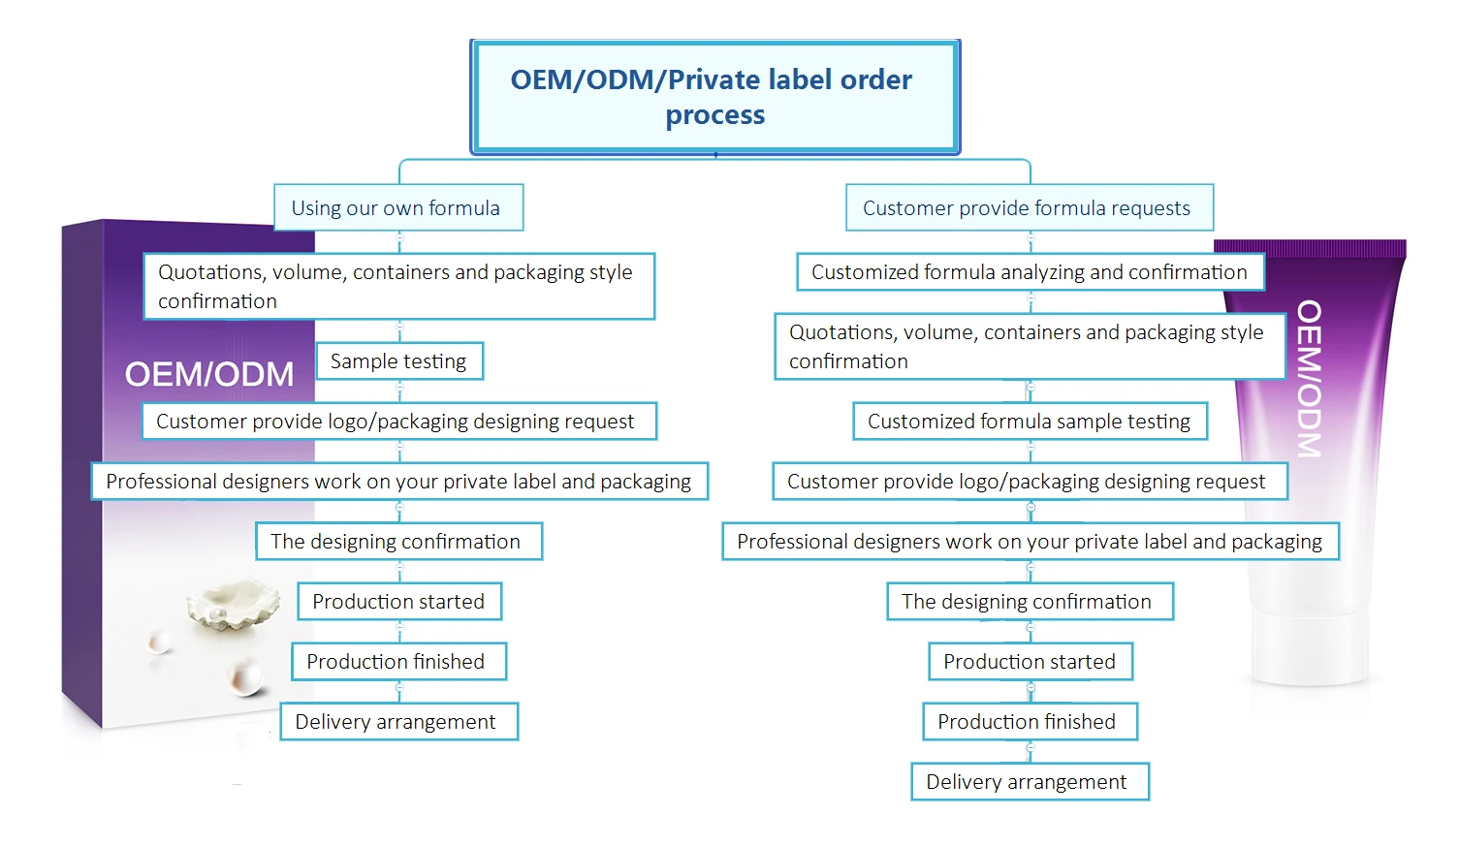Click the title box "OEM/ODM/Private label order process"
coord(714,96)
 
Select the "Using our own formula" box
coord(397,207)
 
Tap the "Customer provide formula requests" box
coord(1028,207)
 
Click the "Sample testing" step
coord(398,361)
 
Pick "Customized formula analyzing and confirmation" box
coord(1030,272)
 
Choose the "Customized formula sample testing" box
coord(1030,422)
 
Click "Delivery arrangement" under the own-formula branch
coord(397,722)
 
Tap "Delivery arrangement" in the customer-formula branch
coord(1029,782)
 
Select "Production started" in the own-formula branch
coord(398,602)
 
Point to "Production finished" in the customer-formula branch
coord(1029,722)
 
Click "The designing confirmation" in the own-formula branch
coord(397,542)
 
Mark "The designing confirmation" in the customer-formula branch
coord(1029,602)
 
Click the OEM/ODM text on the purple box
coord(209,374)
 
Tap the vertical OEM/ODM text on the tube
coord(1309,378)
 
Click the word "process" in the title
coord(714,115)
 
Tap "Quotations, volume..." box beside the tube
coord(1028,347)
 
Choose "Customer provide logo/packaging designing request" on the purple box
coord(397,422)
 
